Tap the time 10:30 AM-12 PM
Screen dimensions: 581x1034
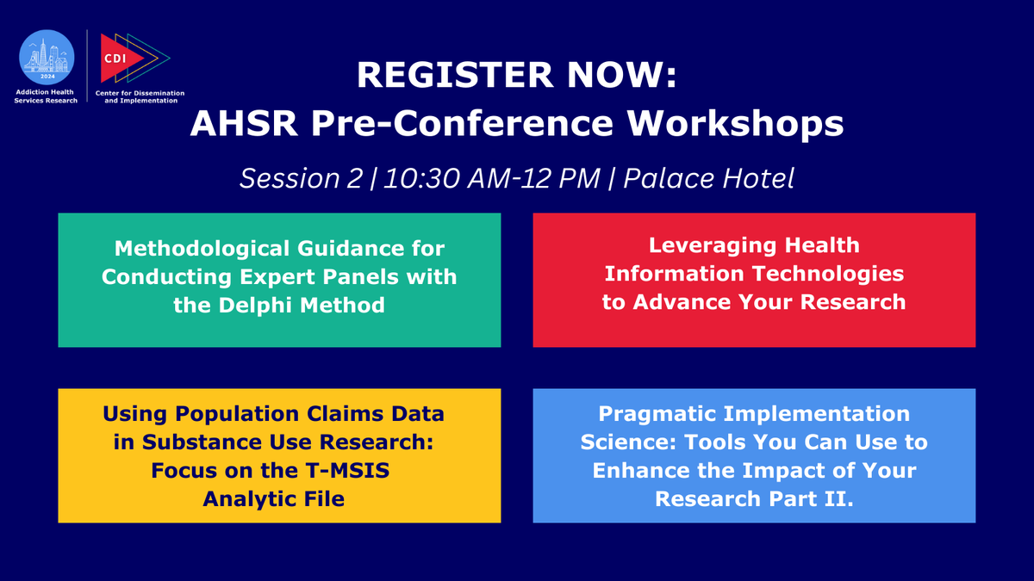click(x=491, y=178)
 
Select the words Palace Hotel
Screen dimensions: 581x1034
click(x=708, y=178)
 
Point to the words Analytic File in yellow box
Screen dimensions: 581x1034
click(x=274, y=498)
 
